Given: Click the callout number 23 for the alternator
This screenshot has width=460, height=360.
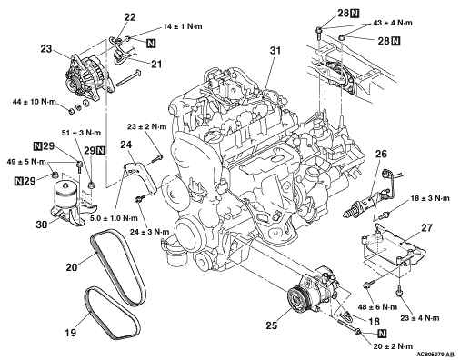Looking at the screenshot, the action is pos(46,49).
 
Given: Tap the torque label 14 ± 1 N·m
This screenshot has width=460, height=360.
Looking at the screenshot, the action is pos(183,26).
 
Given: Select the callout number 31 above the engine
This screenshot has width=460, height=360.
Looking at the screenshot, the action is pos(275,51).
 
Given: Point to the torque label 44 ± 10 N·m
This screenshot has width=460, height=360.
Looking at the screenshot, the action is pos(35,102).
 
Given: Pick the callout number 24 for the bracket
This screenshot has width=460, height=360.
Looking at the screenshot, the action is pos(126,145).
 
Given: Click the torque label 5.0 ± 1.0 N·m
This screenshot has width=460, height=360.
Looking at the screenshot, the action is pos(114,218).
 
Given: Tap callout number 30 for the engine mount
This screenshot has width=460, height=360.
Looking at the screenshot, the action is pos(42,225).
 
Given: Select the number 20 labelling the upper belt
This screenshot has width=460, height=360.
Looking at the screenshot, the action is pos(72,267).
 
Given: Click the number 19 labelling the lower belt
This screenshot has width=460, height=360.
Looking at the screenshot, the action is pos(70,333).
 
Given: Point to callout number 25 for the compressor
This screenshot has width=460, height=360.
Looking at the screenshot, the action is pos(272,325).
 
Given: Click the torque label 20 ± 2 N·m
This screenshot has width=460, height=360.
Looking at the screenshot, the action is pos(393,346).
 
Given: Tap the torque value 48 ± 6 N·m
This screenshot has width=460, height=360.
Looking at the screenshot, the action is pos(377,307).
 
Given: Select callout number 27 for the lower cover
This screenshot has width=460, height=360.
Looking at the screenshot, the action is pos(426,227).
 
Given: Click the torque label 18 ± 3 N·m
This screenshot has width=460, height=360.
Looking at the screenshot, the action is pos(430,198).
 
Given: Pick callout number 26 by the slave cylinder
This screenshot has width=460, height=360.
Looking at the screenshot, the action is pos(381,154).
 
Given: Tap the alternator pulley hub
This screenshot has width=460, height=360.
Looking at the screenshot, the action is pos(72,83).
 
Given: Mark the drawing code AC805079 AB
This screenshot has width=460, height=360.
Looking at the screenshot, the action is pos(435,355).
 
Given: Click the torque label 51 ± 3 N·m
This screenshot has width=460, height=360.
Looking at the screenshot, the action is pos(81,133).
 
